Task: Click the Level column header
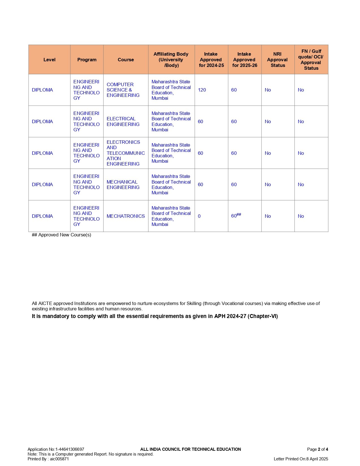(49, 60)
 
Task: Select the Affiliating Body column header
(171, 60)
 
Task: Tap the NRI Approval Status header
(278, 60)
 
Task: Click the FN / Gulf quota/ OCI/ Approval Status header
(311, 60)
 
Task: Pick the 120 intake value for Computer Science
(202, 90)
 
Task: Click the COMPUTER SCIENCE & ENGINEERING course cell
(123, 90)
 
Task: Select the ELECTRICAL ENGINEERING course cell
(123, 122)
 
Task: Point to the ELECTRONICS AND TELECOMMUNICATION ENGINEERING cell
(125, 153)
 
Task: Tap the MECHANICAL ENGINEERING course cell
(123, 185)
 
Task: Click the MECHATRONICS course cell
(126, 216)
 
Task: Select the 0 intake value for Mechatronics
(199, 216)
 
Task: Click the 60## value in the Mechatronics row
(236, 216)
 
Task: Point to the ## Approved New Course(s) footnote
(62, 235)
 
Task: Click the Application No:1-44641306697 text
(56, 449)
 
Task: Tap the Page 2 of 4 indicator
(317, 449)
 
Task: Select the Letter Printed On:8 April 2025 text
(301, 459)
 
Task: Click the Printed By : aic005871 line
(48, 459)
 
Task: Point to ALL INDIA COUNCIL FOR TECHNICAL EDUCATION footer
(191, 449)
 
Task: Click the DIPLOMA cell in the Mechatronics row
(42, 216)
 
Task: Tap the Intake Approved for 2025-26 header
(245, 60)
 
